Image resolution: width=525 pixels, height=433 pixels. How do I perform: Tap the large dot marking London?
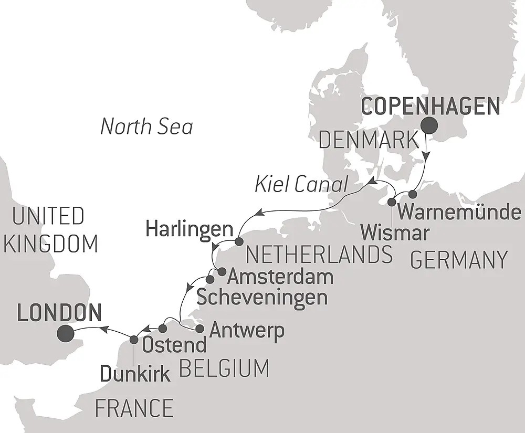click(66, 332)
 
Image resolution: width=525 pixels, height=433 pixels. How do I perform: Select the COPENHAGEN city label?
click(430, 107)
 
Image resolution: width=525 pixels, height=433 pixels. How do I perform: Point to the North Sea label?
click(147, 126)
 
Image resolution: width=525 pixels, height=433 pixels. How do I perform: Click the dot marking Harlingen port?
click(239, 242)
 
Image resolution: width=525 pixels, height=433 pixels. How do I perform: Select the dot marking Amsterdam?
click(222, 272)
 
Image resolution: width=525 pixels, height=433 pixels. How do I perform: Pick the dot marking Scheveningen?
click(210, 279)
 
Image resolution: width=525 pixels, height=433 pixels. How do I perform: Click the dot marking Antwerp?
click(199, 329)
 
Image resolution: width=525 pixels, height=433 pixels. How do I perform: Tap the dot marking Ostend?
click(163, 329)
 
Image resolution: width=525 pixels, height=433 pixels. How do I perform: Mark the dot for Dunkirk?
click(134, 339)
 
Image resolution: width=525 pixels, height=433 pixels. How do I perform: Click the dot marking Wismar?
click(391, 202)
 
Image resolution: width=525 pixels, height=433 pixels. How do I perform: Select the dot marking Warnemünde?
click(413, 194)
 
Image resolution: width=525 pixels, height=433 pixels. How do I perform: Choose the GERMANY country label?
click(459, 259)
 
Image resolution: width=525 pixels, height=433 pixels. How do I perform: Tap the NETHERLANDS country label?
click(319, 255)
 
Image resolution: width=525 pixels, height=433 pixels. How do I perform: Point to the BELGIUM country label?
click(224, 368)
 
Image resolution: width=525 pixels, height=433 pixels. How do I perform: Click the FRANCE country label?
click(134, 407)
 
